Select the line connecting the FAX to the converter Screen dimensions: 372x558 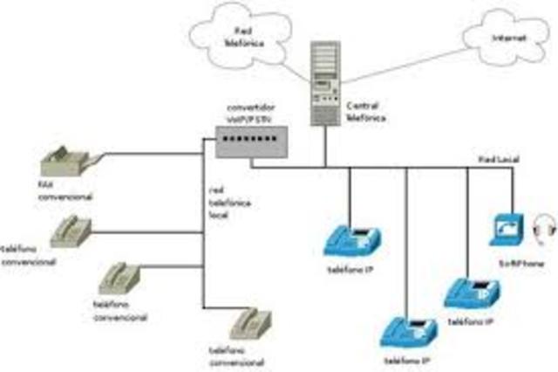148,155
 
